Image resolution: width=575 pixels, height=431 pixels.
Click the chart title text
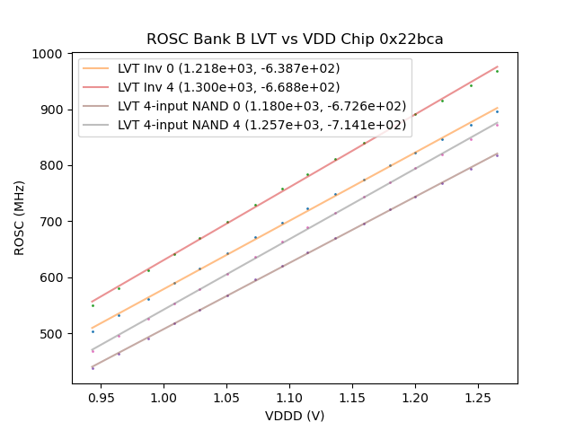(295, 40)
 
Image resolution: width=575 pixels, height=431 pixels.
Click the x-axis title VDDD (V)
(295, 416)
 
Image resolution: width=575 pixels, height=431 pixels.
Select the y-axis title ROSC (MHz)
(19, 216)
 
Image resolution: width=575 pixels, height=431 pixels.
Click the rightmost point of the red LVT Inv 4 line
(497, 66)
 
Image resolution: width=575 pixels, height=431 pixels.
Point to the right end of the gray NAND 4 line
(497, 122)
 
